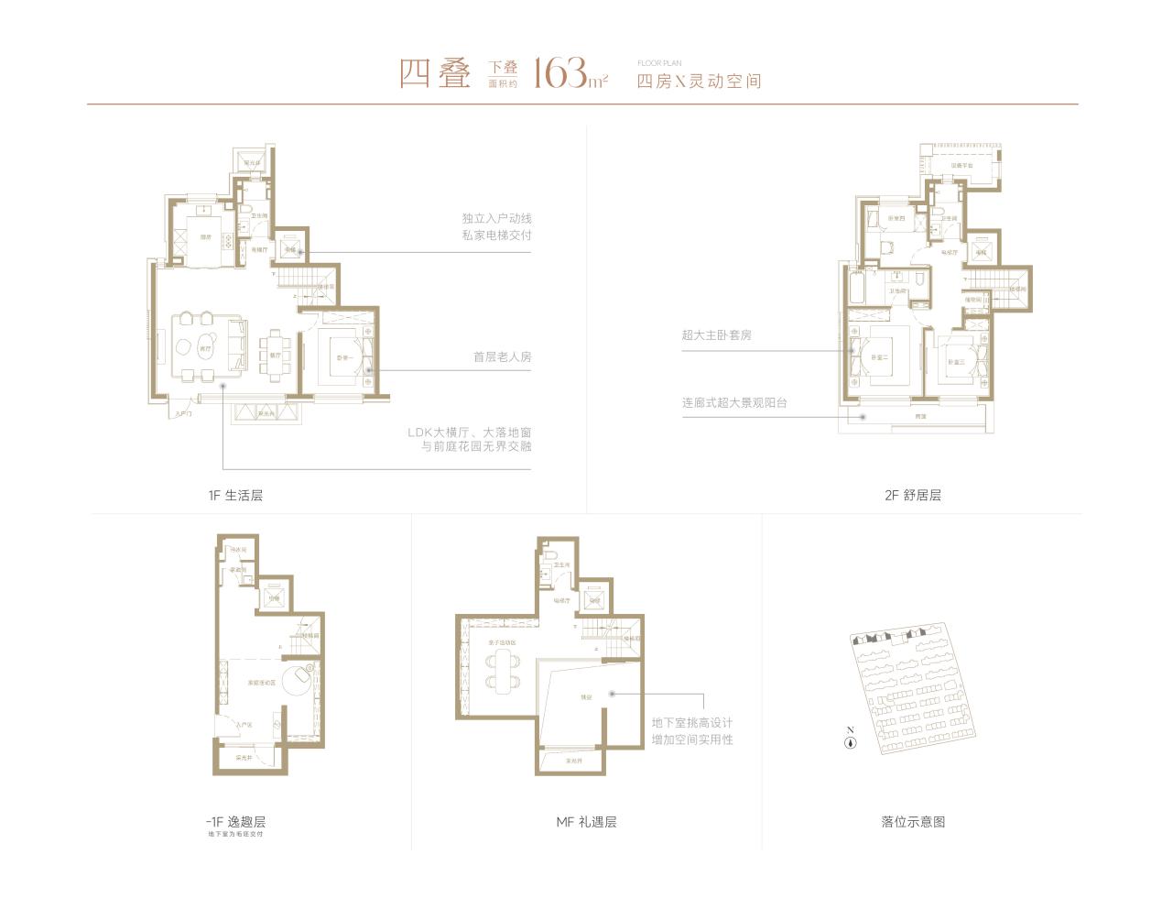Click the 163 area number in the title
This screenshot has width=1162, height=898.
pyautogui.click(x=554, y=71)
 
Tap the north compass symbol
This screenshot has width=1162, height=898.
pyautogui.click(x=850, y=742)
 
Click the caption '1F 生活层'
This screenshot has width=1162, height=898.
pyautogui.click(x=235, y=495)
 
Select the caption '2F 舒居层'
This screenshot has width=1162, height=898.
pyautogui.click(x=912, y=495)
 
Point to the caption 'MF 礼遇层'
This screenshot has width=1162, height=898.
pyautogui.click(x=586, y=822)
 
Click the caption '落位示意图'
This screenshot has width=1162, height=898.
pyautogui.click(x=912, y=822)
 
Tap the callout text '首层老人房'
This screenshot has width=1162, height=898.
pyautogui.click(x=502, y=356)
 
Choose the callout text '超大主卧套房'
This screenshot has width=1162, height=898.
pyautogui.click(x=716, y=335)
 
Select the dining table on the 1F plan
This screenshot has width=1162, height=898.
pyautogui.click(x=276, y=349)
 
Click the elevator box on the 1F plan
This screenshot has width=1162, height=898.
pyautogui.click(x=290, y=247)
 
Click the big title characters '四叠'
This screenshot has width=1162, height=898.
pyautogui.click(x=434, y=73)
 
